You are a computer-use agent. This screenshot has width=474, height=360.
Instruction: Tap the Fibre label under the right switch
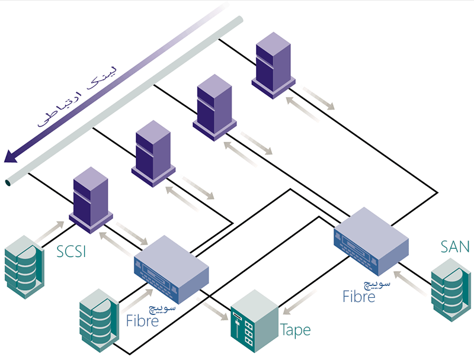359,296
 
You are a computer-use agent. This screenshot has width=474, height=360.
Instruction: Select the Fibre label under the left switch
143,322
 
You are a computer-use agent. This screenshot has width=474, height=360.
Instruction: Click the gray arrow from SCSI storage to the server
50,233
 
